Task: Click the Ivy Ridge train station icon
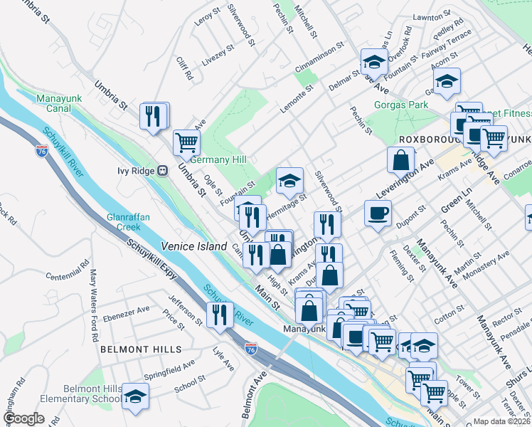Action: (163, 171)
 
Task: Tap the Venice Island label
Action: (188, 246)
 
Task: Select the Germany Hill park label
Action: (218, 159)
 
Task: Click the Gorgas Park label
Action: (401, 105)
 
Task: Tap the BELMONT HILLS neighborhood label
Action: (140, 349)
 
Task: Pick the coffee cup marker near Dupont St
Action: (378, 213)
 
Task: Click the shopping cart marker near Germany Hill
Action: (186, 141)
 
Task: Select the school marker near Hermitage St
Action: (289, 181)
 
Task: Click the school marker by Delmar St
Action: (373, 63)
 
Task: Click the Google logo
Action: (23, 418)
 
